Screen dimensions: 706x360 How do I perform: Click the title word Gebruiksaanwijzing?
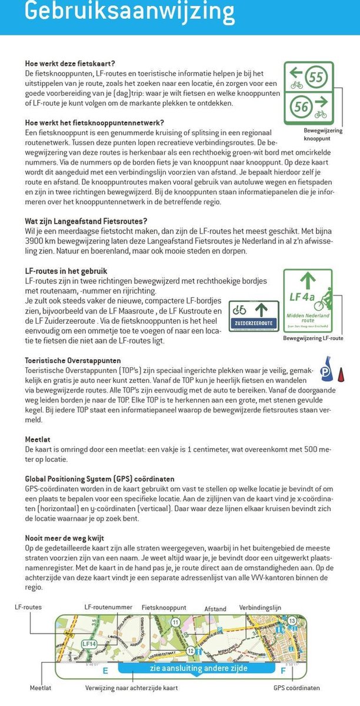coord(129,11)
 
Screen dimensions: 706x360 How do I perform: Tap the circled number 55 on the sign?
coord(316,77)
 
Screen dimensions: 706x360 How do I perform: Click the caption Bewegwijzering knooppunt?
coord(323,134)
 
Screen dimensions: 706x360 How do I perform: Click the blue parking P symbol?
coord(324,372)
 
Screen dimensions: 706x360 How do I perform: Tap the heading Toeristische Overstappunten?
coord(73,359)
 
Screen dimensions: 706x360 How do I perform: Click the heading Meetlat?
coord(37,439)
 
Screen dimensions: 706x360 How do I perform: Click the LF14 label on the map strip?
coord(88,644)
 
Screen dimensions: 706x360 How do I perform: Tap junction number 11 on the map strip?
coord(175,622)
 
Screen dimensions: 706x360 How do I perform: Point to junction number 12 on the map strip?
coord(190,651)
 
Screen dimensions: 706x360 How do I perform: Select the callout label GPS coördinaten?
coord(297,687)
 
